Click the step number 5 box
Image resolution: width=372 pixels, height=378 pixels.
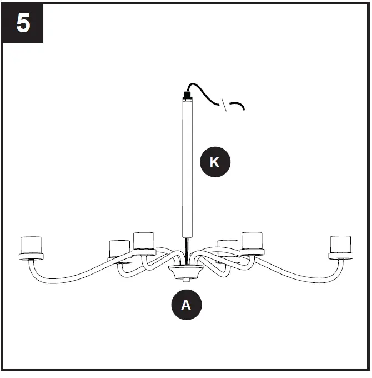pos(23,23)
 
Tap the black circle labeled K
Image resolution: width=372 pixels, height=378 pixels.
pos(214,162)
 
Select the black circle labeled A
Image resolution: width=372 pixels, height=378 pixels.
pos(186,305)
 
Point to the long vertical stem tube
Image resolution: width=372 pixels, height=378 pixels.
pos(186,167)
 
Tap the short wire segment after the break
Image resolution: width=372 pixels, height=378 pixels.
pos(238,105)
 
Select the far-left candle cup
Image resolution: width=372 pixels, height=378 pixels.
pos(31,244)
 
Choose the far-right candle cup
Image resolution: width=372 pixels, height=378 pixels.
pos(340,244)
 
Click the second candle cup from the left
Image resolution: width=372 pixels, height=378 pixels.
pos(119,248)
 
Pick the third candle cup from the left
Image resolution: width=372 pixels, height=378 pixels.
pos(144,240)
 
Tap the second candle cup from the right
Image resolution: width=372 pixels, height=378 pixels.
pos(252,240)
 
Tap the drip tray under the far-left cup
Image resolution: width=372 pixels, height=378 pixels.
pos(31,256)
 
